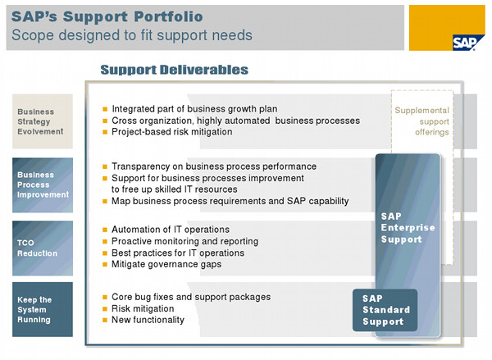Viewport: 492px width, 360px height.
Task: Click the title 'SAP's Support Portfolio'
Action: coord(107,16)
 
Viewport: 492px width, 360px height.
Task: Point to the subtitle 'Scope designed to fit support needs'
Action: coord(132,35)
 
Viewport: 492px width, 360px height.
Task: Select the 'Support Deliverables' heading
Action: coord(174,70)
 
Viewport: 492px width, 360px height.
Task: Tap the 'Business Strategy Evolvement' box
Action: coord(43,121)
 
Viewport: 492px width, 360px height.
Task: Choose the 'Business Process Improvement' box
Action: coord(43,185)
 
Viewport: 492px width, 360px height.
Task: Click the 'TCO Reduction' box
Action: coord(43,248)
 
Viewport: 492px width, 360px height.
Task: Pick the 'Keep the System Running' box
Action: coord(43,309)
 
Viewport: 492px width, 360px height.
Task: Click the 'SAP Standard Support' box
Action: coord(385,310)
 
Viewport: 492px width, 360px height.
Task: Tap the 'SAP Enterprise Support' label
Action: coord(408,228)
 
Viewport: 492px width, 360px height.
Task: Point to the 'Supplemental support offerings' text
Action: coord(422,121)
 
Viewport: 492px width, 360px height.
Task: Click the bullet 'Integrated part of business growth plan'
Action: coord(194,109)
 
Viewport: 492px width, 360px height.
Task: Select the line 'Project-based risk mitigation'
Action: coord(172,132)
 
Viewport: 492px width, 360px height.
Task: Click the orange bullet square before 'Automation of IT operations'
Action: coord(105,230)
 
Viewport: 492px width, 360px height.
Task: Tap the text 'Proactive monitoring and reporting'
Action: coord(184,241)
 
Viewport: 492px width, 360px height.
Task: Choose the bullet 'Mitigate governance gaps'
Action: coord(166,264)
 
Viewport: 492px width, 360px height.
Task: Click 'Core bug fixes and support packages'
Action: coord(191,297)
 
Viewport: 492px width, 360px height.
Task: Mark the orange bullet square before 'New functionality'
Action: coord(105,320)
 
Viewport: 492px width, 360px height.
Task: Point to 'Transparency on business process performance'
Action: coord(214,166)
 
